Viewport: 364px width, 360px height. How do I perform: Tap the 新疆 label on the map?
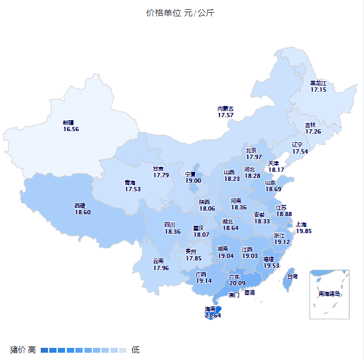click(70, 123)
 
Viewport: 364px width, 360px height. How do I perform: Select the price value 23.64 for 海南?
click(213, 315)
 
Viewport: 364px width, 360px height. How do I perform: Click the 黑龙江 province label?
click(318, 83)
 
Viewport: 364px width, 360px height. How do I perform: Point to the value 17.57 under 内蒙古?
click(225, 115)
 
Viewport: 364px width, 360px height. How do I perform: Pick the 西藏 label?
click(83, 205)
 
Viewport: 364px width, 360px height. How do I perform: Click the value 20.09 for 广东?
click(237, 283)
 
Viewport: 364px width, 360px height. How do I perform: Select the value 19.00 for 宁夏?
click(193, 180)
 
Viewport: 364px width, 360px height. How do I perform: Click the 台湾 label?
click(291, 276)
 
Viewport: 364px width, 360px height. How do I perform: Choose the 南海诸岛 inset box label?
click(329, 294)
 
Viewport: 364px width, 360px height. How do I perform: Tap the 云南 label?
click(160, 261)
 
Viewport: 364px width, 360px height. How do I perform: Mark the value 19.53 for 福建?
click(272, 265)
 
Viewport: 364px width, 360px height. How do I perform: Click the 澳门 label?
click(234, 295)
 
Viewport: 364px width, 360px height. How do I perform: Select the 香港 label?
click(250, 293)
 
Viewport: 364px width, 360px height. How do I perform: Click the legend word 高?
click(32, 350)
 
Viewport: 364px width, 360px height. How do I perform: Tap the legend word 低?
click(136, 350)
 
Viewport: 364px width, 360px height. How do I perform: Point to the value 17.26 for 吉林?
click(313, 131)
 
